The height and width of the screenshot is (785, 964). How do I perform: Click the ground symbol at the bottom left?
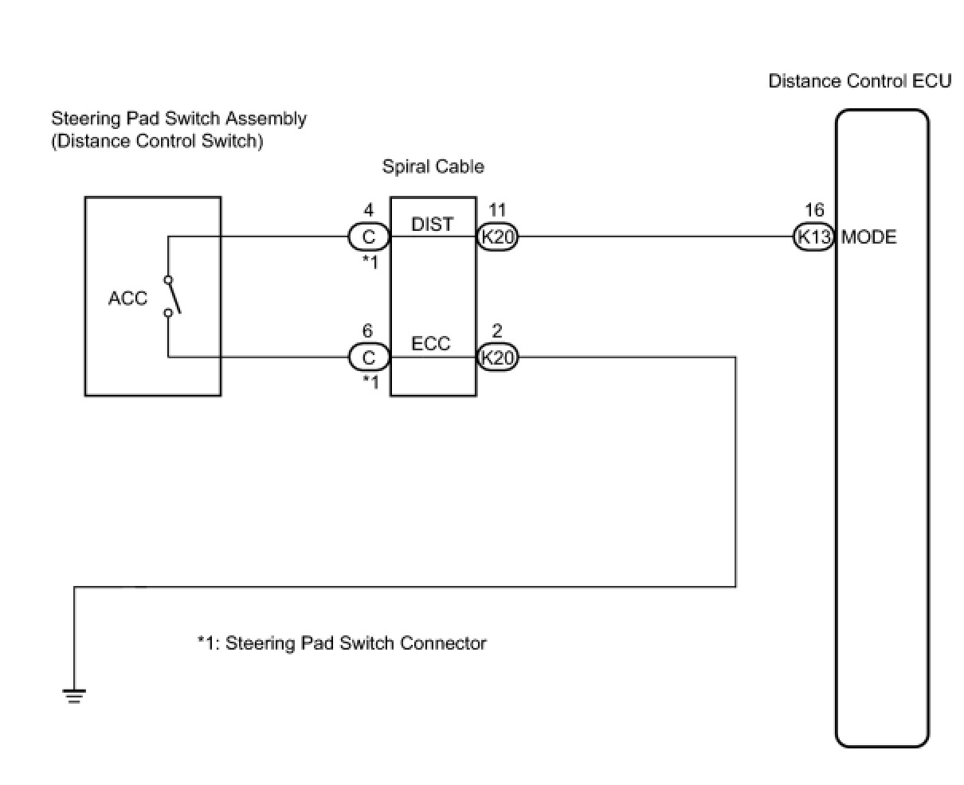click(74, 697)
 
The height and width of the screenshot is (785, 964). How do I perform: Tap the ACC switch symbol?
click(170, 296)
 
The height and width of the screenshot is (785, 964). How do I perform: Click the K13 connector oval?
click(813, 237)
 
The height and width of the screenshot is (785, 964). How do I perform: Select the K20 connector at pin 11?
click(497, 237)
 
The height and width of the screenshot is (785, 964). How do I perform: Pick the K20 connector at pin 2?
click(497, 357)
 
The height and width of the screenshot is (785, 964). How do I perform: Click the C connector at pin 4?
click(368, 237)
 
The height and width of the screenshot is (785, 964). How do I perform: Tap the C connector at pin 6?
click(368, 357)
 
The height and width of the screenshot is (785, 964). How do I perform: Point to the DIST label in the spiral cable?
click(432, 225)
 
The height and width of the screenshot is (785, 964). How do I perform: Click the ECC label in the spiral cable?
click(431, 344)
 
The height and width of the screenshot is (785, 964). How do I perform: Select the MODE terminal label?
click(868, 237)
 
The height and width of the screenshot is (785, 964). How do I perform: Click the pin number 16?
click(814, 210)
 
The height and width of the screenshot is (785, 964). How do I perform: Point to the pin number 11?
click(497, 210)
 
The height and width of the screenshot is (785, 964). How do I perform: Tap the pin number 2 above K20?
click(497, 330)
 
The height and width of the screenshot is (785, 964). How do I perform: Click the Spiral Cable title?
click(433, 166)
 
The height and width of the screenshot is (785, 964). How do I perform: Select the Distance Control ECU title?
click(860, 81)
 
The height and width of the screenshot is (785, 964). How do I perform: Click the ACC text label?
click(127, 299)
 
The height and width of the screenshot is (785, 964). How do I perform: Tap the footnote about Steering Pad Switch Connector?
click(342, 642)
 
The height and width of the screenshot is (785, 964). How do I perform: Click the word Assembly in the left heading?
click(266, 119)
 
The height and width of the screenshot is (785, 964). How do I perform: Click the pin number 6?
click(368, 330)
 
